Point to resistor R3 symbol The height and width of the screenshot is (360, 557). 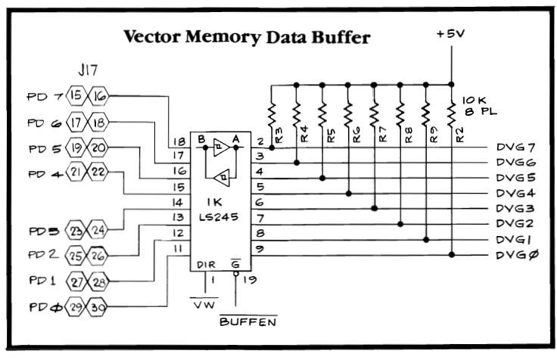point(272,117)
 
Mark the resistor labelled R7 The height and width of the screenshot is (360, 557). point(374,117)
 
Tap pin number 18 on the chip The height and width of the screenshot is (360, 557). point(179,141)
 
